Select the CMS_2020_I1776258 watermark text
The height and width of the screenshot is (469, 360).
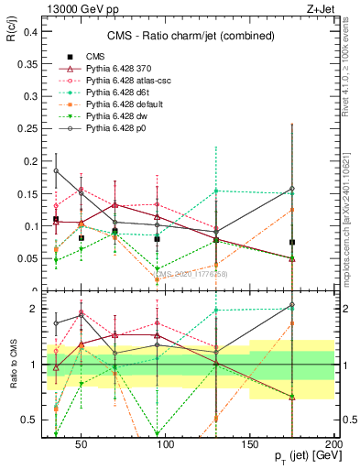190,273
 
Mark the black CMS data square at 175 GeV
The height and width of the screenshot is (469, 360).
291,243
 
